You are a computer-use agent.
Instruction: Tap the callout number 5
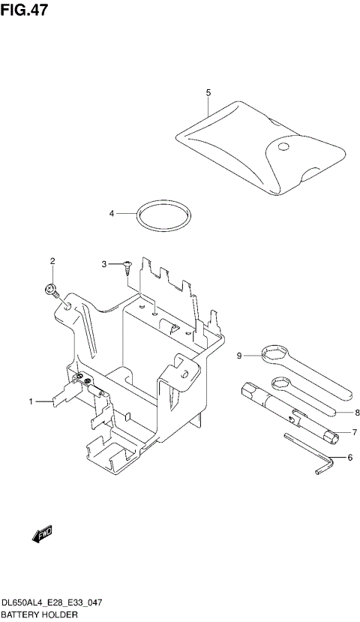(208, 92)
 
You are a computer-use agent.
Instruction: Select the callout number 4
(111, 214)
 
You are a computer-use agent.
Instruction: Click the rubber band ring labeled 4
(163, 217)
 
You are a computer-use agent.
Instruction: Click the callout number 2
(52, 261)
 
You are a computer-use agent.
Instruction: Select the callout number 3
(106, 264)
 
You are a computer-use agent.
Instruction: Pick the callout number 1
(31, 402)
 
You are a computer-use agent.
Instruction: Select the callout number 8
(358, 412)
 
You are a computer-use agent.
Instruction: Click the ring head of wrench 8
(282, 385)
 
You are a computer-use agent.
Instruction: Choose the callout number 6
(349, 457)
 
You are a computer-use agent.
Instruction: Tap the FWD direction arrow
(41, 534)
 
